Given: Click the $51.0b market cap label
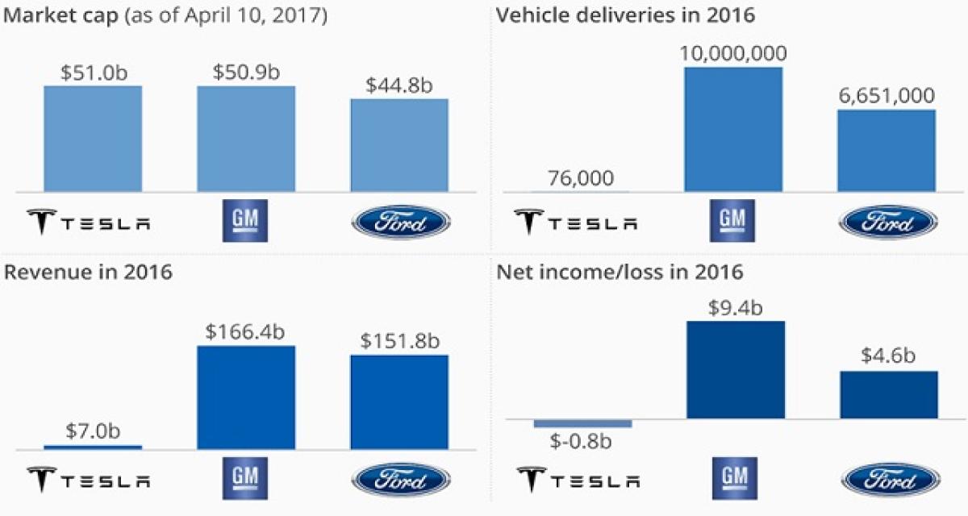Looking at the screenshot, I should pyautogui.click(x=93, y=72).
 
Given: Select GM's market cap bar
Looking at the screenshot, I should pyautogui.click(x=246, y=139).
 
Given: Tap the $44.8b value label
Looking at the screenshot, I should pyautogui.click(x=399, y=85).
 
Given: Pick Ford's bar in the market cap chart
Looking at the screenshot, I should pyautogui.click(x=399, y=145).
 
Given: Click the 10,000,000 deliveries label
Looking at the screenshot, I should pyautogui.click(x=733, y=53).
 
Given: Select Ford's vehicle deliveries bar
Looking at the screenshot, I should pyautogui.click(x=887, y=150).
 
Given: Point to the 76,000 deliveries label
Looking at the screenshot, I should pyautogui.click(x=579, y=178).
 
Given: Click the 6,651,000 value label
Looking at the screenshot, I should pyautogui.click(x=887, y=96).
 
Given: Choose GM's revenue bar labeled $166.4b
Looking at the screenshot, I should pyautogui.click(x=246, y=397).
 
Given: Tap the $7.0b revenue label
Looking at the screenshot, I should pyautogui.click(x=93, y=431).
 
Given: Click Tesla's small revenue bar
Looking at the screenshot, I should pyautogui.click(x=93, y=447).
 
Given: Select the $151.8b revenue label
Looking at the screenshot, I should pyautogui.click(x=399, y=340).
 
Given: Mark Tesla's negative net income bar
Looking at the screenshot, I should pyautogui.click(x=582, y=423).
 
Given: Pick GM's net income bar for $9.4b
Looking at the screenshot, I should pyautogui.click(x=735, y=369).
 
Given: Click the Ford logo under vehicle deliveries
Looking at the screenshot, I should pyautogui.click(x=888, y=222).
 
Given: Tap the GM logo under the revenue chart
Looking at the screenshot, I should pyautogui.click(x=246, y=478).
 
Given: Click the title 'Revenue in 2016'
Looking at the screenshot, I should pyautogui.click(x=89, y=273).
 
